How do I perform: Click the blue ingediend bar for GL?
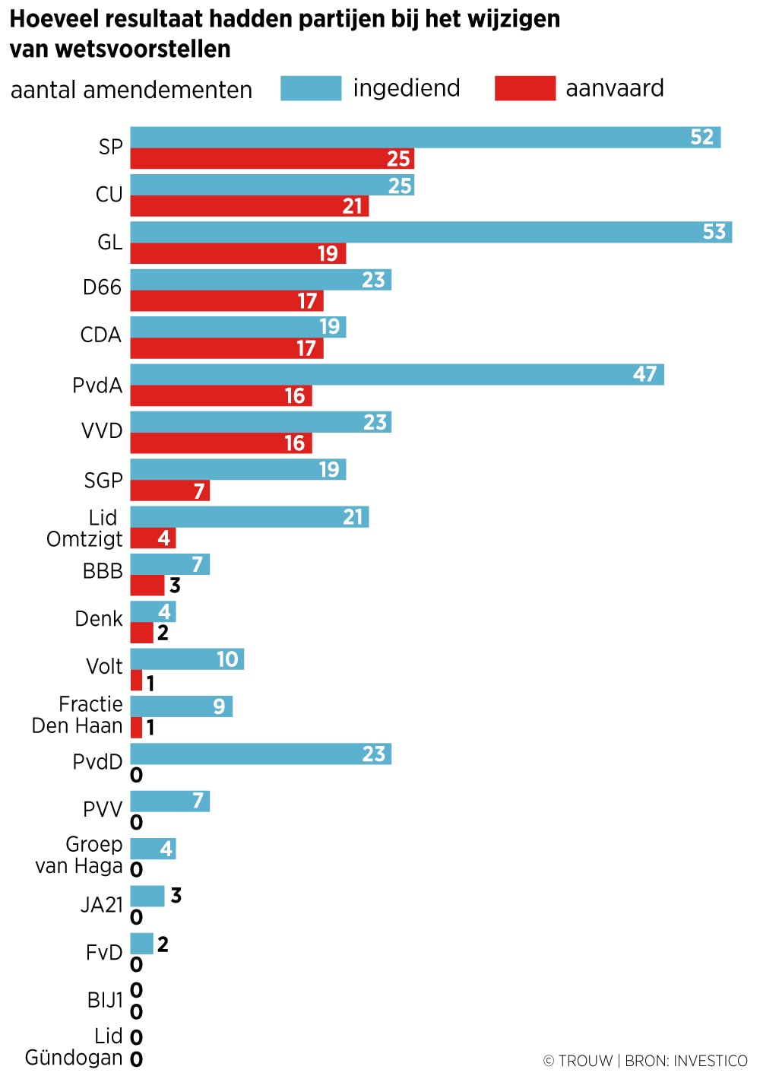click(x=431, y=232)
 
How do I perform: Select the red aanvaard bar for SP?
click(x=272, y=159)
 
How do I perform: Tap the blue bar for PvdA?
click(x=397, y=374)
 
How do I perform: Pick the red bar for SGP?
click(x=169, y=491)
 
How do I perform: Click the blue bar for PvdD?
click(x=261, y=754)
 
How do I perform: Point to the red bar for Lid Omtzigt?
click(x=153, y=538)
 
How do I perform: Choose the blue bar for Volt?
click(x=187, y=659)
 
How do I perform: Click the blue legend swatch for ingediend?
click(x=311, y=88)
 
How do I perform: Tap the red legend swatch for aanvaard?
click(x=524, y=88)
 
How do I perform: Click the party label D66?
click(x=102, y=287)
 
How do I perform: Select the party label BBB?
click(x=103, y=571)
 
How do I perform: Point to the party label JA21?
click(x=102, y=905)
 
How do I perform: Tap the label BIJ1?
click(x=105, y=1000)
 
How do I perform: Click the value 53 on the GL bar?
click(x=714, y=232)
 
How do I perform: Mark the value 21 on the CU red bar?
click(x=353, y=206)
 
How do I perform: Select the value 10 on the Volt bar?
click(x=227, y=659)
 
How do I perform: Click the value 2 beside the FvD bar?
click(x=163, y=944)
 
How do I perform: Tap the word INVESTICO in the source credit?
click(x=711, y=1061)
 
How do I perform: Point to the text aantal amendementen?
click(x=131, y=90)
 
